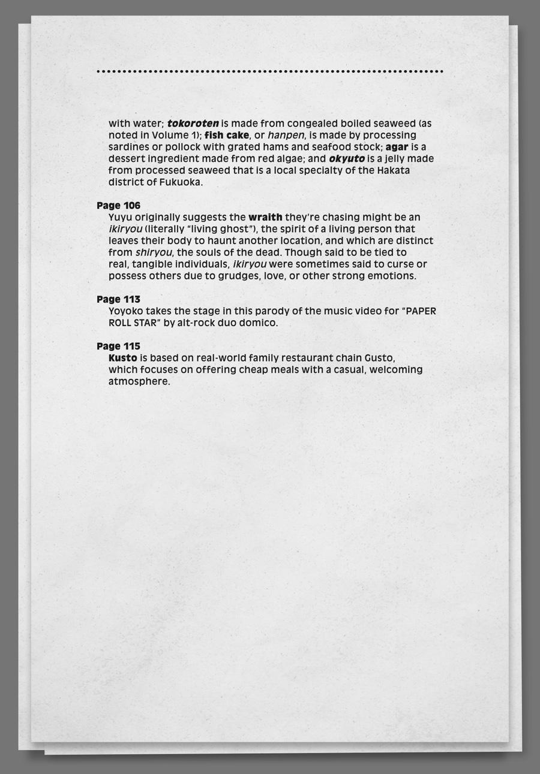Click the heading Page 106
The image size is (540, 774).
(x=118, y=206)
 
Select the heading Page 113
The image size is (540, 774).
(x=118, y=299)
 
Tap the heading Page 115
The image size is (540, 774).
(x=118, y=346)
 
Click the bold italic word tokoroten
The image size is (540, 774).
(x=193, y=124)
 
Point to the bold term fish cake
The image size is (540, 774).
(x=226, y=135)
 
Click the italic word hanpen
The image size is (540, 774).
(x=286, y=135)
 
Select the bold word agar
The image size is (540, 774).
(x=397, y=147)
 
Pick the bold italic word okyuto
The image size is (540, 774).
(x=347, y=159)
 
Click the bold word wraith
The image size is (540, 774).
(x=265, y=217)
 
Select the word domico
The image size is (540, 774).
(x=260, y=323)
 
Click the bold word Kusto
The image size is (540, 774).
(x=122, y=358)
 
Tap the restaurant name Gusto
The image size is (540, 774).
(x=380, y=358)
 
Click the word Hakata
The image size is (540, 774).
(x=410, y=170)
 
